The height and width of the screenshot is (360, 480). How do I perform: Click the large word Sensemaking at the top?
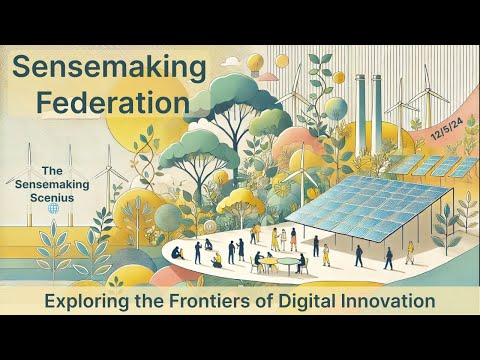[110, 69]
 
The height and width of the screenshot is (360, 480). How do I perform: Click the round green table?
[288, 263]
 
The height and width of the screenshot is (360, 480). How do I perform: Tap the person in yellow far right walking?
[410, 252]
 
